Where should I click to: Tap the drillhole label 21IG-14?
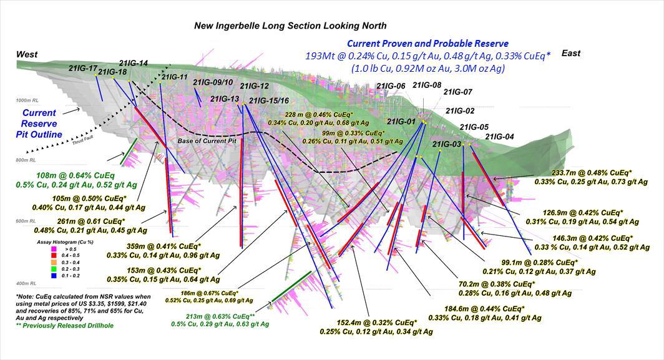[x=133, y=63]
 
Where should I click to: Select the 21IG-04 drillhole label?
[x=499, y=137]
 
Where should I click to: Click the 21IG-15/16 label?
[x=269, y=100]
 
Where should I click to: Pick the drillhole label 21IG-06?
[x=390, y=86]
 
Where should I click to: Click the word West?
[x=28, y=55]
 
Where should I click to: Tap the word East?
[x=570, y=53]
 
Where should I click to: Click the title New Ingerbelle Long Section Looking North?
[x=290, y=26]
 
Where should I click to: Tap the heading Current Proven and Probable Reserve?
[x=427, y=44]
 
